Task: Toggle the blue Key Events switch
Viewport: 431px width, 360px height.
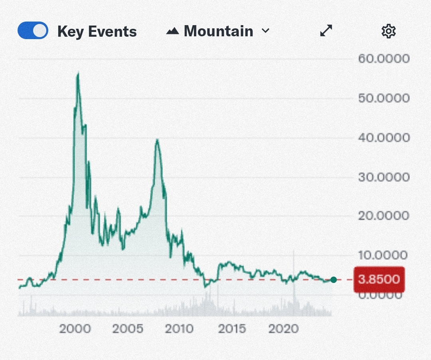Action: [33, 31]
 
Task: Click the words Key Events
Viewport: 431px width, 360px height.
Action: [97, 32]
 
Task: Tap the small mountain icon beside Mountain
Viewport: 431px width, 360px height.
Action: [172, 31]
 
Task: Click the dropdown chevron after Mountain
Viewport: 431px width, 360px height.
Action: [265, 31]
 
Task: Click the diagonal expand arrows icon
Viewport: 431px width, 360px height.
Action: [326, 31]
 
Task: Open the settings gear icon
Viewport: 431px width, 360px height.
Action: [388, 31]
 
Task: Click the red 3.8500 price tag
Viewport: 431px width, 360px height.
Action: [379, 279]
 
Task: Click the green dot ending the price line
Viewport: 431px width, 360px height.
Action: [334, 280]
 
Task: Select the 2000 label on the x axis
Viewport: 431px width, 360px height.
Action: [75, 329]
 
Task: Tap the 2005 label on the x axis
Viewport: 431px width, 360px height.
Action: [127, 329]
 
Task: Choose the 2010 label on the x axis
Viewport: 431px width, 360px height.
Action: [180, 329]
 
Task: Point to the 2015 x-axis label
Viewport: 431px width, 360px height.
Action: [232, 329]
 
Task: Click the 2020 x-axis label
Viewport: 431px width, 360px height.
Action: [284, 329]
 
